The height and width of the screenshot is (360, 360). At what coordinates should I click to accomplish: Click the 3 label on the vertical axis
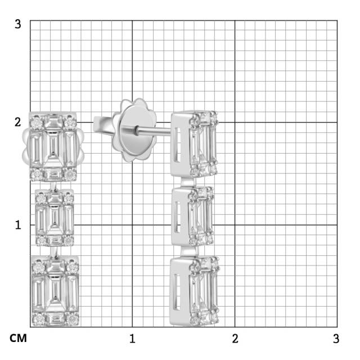click(x=17, y=24)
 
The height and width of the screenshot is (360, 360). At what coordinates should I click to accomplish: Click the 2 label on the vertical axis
click(x=17, y=122)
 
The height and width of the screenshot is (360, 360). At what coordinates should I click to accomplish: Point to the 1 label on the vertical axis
click(x=18, y=225)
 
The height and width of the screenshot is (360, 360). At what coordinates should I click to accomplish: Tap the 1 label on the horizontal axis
click(x=132, y=339)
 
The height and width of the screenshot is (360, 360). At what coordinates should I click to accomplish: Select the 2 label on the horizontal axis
click(x=235, y=339)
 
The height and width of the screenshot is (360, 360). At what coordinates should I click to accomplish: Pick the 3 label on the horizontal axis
click(x=336, y=339)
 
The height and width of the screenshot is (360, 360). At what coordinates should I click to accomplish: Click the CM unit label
click(x=18, y=338)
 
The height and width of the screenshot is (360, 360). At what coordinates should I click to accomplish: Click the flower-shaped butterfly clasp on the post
click(x=134, y=130)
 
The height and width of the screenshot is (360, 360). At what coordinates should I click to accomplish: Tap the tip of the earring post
click(x=94, y=124)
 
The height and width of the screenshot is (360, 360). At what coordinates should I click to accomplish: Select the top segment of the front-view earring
click(x=53, y=146)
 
